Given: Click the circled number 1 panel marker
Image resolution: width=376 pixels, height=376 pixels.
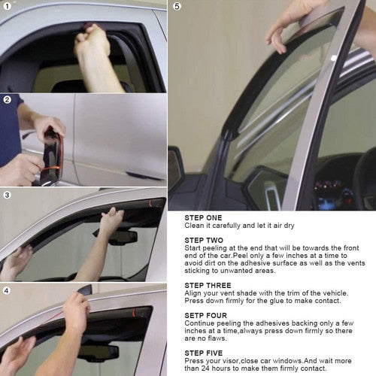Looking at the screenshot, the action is point(7,6).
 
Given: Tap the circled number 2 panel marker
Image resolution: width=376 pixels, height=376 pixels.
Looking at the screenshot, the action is point(7,100).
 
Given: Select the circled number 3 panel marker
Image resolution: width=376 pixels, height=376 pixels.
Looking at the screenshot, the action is point(7,195).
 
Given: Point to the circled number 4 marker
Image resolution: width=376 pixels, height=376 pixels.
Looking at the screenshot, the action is point(7,291).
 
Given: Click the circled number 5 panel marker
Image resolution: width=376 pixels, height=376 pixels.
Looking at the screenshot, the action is point(177,6).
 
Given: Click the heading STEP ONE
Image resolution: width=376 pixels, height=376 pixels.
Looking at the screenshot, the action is point(203,217).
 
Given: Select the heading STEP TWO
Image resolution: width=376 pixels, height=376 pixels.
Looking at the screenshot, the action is point(204,240).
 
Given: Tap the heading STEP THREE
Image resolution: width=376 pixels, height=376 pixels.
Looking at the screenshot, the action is point(208,285).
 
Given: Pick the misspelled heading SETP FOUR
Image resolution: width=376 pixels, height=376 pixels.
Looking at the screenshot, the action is point(205,315).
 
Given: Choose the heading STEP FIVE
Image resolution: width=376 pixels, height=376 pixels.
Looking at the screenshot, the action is point(204,353).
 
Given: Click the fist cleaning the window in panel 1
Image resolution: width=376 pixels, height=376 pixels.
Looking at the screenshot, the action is point(92,40).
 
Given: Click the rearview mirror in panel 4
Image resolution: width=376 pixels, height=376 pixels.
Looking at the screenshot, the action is point(99,353).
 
